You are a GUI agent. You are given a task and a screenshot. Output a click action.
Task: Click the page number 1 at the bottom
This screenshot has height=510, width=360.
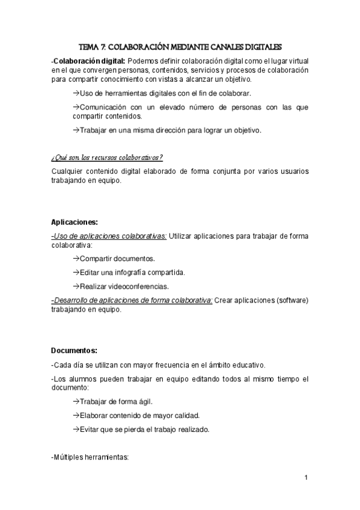coord(306,478)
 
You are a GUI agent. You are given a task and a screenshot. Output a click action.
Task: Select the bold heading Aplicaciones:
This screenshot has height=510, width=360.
coord(74,222)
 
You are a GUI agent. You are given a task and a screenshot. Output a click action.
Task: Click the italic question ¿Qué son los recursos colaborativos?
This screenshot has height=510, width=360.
coord(107,158)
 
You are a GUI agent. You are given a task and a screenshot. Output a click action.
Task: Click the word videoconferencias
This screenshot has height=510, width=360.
coord(138,286)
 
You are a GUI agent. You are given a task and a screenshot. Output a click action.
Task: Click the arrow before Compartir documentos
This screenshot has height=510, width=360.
coord(76,259)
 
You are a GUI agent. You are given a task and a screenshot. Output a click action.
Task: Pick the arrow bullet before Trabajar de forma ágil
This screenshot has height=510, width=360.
coord(76,402)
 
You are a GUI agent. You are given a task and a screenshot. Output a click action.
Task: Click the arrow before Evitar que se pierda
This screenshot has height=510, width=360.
coord(76,429)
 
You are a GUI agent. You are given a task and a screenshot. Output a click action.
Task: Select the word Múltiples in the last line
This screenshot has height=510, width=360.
coord(70,458)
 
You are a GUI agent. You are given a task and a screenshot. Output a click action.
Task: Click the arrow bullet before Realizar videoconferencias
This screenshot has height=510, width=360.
coord(76,286)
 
